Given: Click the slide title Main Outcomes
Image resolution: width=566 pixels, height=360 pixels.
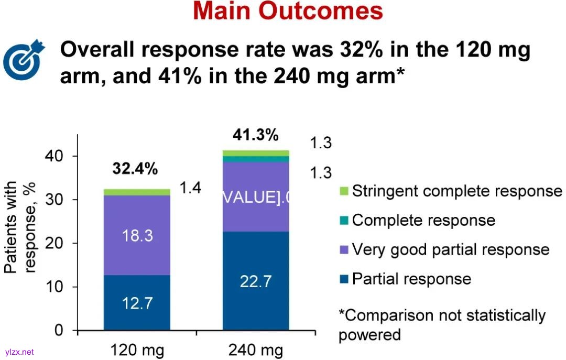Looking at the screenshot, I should (288, 12).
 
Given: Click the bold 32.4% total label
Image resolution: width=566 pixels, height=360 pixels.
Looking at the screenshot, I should (135, 169).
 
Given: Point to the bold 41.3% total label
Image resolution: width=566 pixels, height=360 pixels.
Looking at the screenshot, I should (255, 135).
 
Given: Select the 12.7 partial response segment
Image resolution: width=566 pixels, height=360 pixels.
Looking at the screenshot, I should (137, 303).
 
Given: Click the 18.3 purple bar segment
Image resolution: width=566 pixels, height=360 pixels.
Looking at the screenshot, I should (137, 235).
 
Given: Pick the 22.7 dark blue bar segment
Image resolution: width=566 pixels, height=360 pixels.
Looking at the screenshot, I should (256, 281).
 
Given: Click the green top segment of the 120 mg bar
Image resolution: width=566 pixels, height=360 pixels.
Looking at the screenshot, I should (137, 192).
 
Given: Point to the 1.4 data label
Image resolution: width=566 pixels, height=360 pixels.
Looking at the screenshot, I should (191, 188).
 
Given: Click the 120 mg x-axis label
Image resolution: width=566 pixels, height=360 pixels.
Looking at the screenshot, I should (138, 350).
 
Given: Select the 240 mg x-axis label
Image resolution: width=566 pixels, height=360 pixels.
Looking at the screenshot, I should (256, 350).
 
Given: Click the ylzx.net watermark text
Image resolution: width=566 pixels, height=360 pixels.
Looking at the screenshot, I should (19, 352).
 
